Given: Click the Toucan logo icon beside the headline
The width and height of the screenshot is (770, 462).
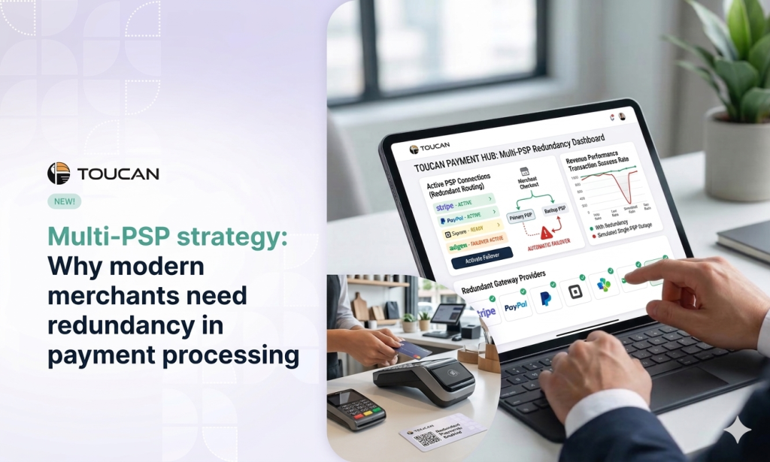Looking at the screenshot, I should [x=58, y=174].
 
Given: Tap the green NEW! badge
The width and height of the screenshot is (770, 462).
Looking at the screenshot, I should [x=64, y=201].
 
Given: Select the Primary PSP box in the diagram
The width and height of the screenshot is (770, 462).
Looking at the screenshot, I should [x=526, y=216].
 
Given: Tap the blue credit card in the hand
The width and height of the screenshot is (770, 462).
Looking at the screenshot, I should [x=414, y=350].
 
